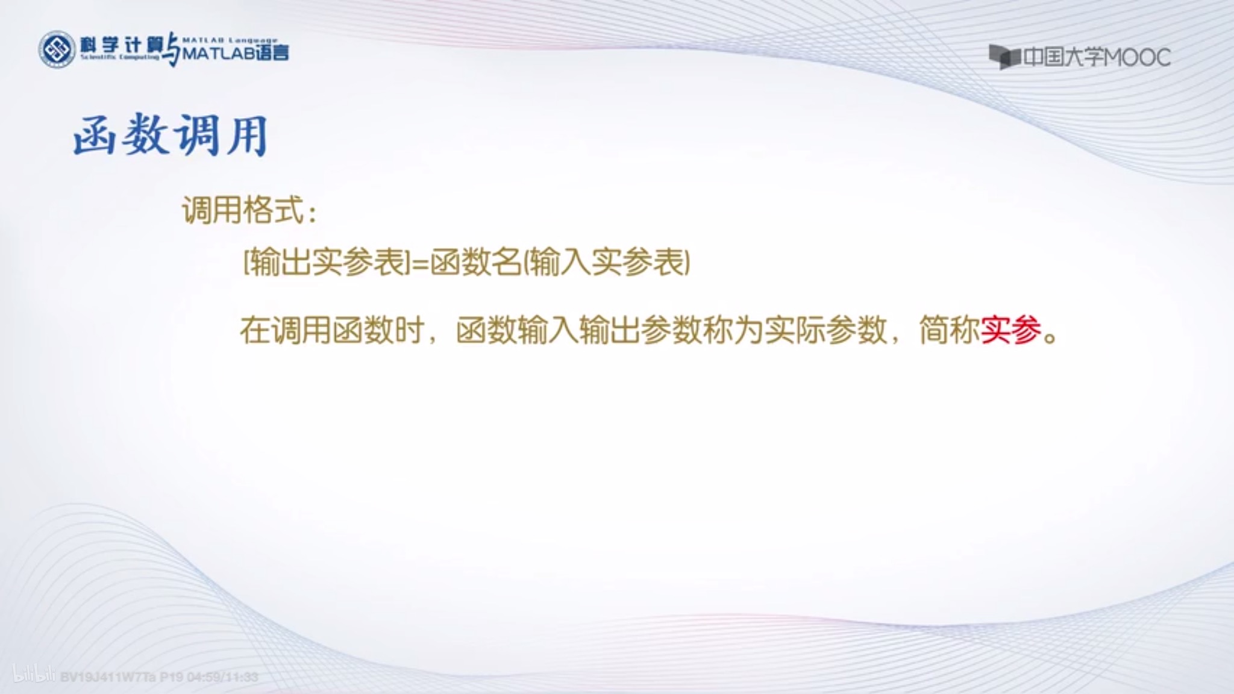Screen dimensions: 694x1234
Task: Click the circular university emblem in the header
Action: (57, 49)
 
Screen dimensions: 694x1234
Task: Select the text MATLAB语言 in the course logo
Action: (236, 53)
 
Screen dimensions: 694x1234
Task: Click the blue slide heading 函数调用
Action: (171, 135)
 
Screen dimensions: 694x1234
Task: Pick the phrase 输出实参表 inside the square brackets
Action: (327, 263)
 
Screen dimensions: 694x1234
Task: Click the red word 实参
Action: (1011, 330)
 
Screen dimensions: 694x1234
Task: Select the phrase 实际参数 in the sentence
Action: (825, 330)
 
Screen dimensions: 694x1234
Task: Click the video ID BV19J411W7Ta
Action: (108, 677)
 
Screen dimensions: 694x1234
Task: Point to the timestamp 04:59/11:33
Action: (223, 677)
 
